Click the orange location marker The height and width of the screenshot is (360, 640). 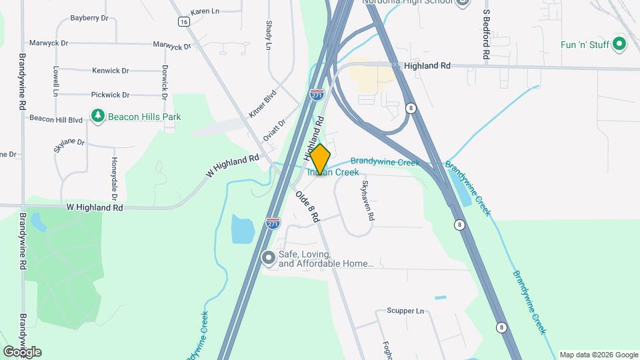coord(321,159)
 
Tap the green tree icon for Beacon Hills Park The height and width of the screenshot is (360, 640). coord(98,117)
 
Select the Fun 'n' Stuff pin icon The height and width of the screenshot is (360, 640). coord(619,45)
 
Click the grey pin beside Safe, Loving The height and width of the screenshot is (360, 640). coord(269,257)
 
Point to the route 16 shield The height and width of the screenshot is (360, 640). coord(184,22)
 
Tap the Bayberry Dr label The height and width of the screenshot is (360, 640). coord(89,18)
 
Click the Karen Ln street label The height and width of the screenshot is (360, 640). coord(205,12)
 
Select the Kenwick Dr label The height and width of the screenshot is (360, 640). coord(111,70)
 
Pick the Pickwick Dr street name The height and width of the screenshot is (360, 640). coord(110,95)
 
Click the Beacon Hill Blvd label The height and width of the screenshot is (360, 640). coord(55,119)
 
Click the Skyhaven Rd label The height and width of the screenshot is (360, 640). coord(367,201)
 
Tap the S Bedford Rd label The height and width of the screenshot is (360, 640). coord(487,37)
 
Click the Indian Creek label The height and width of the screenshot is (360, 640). coord(333,173)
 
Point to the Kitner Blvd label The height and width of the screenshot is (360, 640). coord(262,105)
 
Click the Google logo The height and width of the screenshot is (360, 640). coord(22,351)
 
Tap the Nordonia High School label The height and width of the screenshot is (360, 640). coord(407,2)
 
